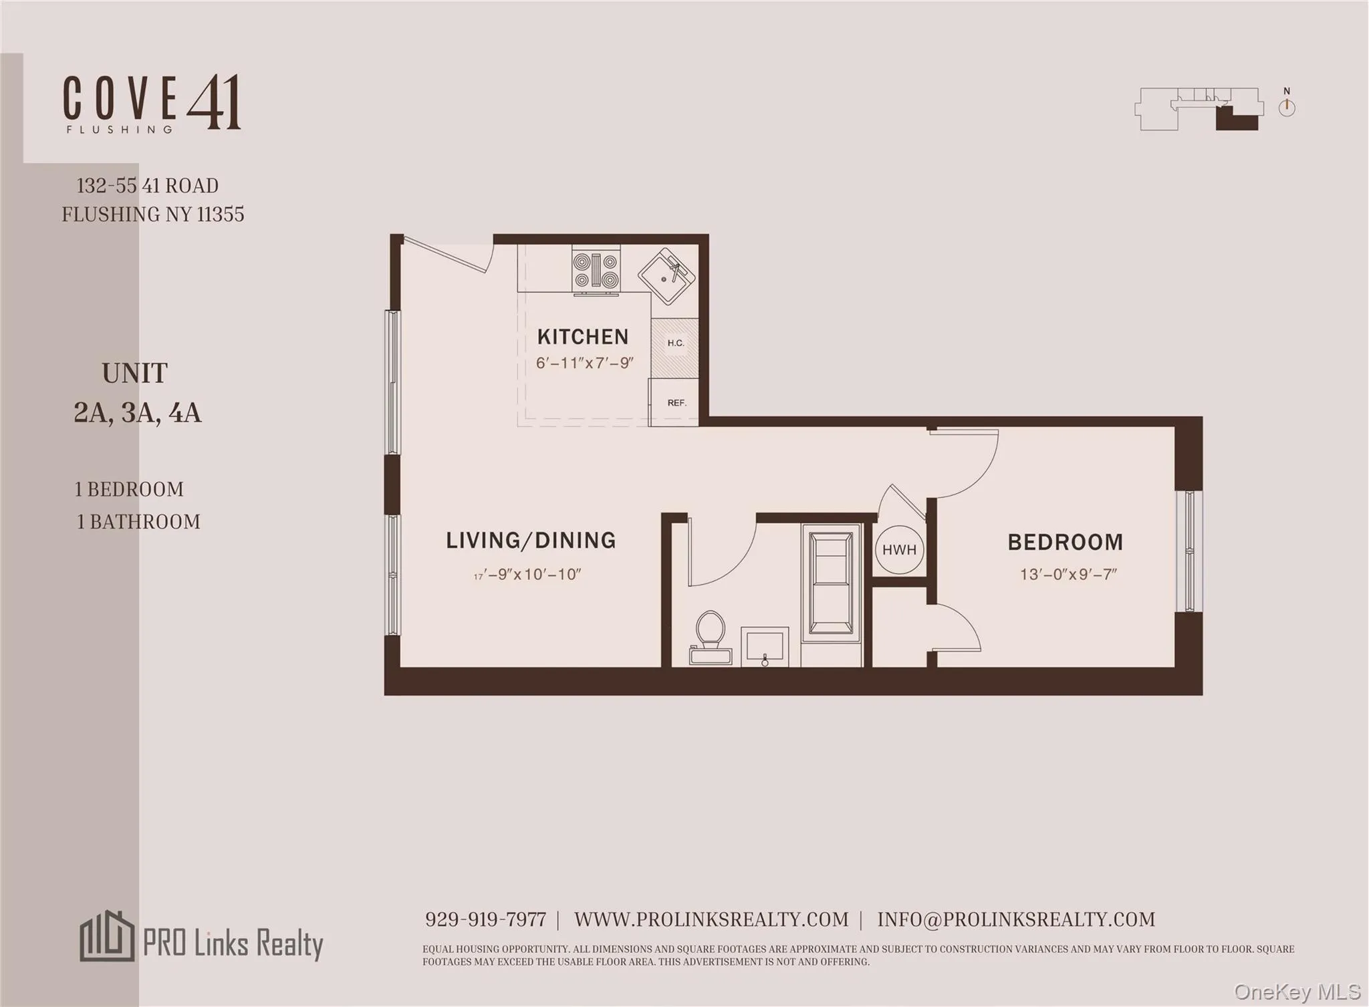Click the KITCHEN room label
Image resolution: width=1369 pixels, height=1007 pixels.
(582, 336)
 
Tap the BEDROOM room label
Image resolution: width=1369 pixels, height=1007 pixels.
(1065, 542)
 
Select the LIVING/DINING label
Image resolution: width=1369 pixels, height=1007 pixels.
(531, 540)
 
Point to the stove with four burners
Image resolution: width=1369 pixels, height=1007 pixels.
(596, 270)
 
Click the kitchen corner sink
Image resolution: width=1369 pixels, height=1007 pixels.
(666, 275)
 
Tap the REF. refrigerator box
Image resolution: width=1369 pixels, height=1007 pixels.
(675, 403)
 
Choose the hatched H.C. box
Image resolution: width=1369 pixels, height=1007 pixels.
(675, 347)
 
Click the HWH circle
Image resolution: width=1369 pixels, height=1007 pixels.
(899, 550)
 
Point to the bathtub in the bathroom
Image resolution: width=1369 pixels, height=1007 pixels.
(830, 580)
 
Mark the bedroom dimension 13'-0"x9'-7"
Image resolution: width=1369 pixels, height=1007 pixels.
(1068, 574)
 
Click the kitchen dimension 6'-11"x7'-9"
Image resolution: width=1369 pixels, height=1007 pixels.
(584, 364)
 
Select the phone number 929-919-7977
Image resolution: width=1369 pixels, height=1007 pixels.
(485, 919)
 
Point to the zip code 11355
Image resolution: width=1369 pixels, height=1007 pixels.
(220, 214)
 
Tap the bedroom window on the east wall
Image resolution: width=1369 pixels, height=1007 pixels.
(1189, 551)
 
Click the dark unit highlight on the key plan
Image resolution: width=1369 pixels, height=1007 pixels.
(1237, 120)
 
